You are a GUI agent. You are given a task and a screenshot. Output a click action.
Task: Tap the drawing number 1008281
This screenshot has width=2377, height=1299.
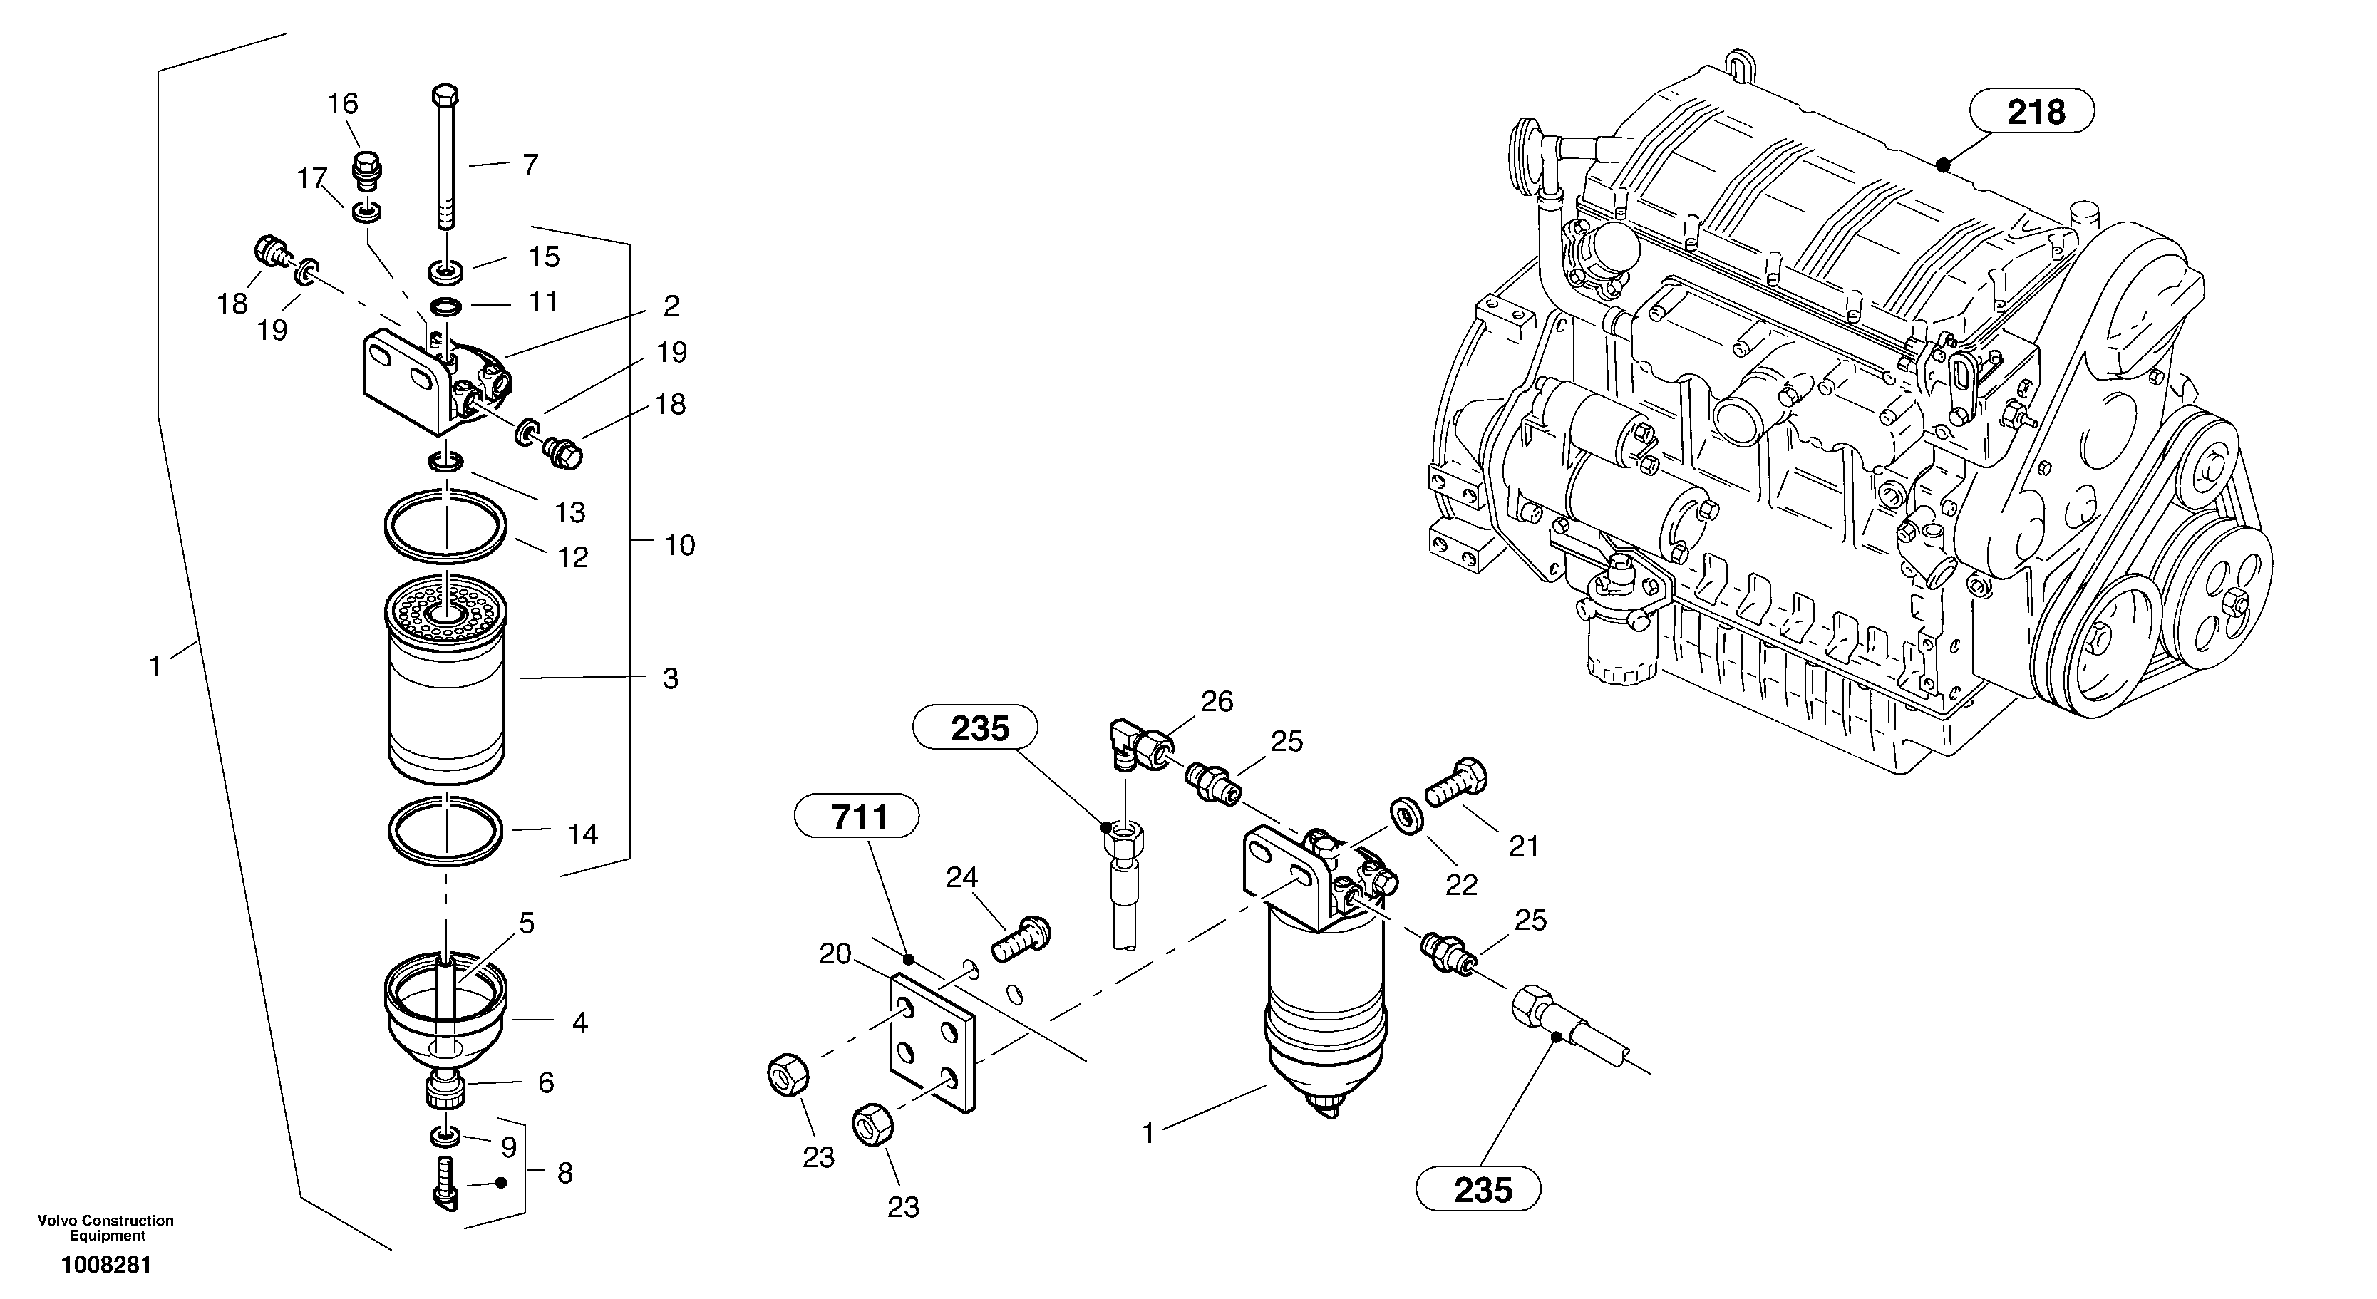pyautogui.click(x=106, y=1265)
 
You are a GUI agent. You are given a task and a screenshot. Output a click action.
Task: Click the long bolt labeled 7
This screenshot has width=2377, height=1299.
pyautogui.click(x=445, y=157)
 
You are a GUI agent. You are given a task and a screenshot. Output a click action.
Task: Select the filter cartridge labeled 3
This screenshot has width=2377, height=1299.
pyautogui.click(x=445, y=683)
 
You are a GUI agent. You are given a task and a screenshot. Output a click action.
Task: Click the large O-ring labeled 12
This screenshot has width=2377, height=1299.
pyautogui.click(x=445, y=526)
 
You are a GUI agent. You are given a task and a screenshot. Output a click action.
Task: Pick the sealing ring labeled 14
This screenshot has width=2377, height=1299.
pyautogui.click(x=445, y=832)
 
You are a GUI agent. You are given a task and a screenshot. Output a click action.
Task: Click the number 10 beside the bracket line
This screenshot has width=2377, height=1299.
pyautogui.click(x=680, y=545)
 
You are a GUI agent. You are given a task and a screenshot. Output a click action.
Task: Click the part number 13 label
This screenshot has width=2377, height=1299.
pyautogui.click(x=570, y=512)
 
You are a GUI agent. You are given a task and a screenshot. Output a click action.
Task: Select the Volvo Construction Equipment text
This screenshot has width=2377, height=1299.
pyautogui.click(x=106, y=1227)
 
